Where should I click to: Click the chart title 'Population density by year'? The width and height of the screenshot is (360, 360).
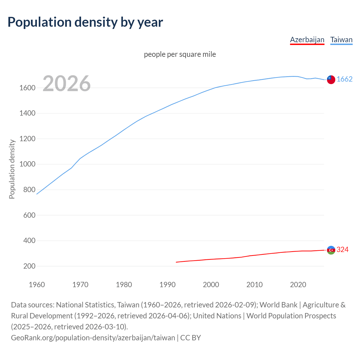coord(85,22)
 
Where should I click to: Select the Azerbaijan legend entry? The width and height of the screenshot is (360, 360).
coord(307,40)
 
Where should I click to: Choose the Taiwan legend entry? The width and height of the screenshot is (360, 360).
coord(341,40)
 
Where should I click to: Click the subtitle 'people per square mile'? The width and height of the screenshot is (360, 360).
coord(180,54)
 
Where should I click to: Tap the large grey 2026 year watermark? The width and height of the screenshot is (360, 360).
coord(67,84)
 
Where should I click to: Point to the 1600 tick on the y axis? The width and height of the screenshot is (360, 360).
coord(27,88)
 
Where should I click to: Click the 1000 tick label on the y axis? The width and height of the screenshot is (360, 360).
coord(27,164)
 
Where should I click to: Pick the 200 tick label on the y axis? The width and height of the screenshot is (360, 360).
coord(29,266)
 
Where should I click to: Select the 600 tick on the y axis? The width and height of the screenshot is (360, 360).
coord(29,215)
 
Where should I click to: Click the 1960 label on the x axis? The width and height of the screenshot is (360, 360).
coord(37,285)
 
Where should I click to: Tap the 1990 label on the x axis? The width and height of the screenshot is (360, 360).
coord(167,285)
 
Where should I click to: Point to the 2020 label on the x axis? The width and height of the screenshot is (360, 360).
coord(298,285)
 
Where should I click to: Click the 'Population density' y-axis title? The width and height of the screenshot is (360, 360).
coord(12,169)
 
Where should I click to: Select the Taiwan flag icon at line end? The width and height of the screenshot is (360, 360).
coord(331,80)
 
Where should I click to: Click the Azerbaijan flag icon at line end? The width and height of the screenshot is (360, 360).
coord(331,250)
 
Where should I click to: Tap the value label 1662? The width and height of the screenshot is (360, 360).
coord(345,79)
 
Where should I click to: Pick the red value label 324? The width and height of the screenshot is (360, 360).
coord(343,249)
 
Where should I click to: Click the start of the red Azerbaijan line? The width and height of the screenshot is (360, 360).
coord(176,262)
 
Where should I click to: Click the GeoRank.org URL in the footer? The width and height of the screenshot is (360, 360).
coord(93,337)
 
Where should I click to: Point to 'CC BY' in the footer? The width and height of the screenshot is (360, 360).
coord(191,337)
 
